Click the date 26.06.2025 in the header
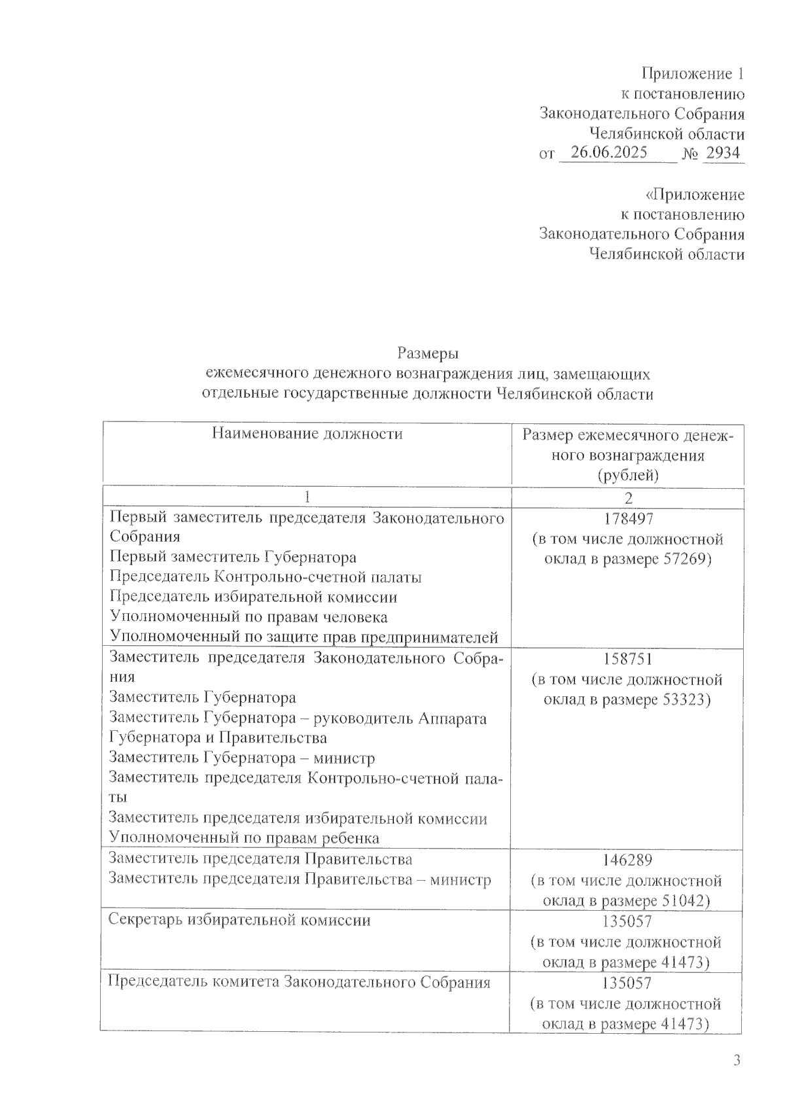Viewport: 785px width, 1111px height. pyautogui.click(x=609, y=153)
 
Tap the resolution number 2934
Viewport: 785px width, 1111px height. pyautogui.click(x=722, y=153)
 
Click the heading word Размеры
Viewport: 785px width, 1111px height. pyautogui.click(x=428, y=354)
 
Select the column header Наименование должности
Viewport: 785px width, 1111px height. pyautogui.click(x=307, y=434)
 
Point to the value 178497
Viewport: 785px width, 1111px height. pyautogui.click(x=627, y=520)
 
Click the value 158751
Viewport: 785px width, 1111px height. pyautogui.click(x=627, y=659)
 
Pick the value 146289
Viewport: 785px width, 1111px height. pyautogui.click(x=627, y=860)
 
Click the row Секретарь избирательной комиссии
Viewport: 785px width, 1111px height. pyautogui.click(x=239, y=921)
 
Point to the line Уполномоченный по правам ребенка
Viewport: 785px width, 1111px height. pyautogui.click(x=244, y=838)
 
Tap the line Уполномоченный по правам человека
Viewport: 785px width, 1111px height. pyautogui.click(x=249, y=617)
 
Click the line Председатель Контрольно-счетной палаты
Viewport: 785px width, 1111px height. pyautogui.click(x=266, y=577)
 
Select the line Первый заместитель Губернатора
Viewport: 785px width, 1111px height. pyautogui.click(x=234, y=557)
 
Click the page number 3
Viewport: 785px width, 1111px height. pyautogui.click(x=737, y=1061)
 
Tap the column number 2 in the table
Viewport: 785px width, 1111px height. pyautogui.click(x=628, y=498)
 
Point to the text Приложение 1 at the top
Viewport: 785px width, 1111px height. pyautogui.click(x=693, y=73)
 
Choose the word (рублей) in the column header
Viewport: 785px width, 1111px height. pyautogui.click(x=628, y=476)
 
